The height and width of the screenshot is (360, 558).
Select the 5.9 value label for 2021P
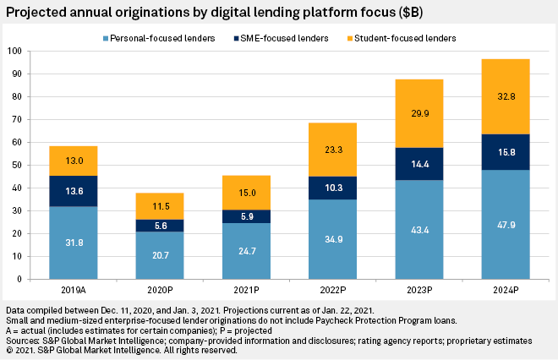pos(246,216)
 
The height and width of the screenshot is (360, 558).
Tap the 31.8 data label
pos(73,243)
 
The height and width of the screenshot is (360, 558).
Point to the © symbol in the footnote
pos(8,349)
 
